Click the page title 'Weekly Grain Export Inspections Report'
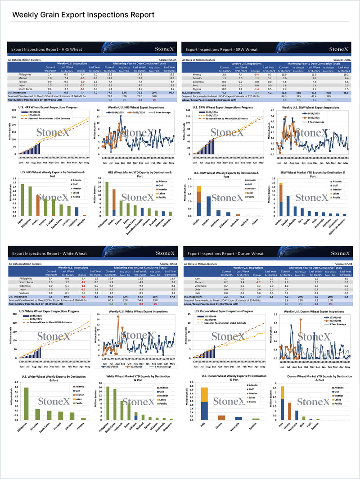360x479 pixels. [83, 15]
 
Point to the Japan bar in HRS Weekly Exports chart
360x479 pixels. [22, 200]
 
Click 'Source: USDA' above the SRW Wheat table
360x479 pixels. [344, 59]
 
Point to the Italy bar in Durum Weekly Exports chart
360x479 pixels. [204, 403]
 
